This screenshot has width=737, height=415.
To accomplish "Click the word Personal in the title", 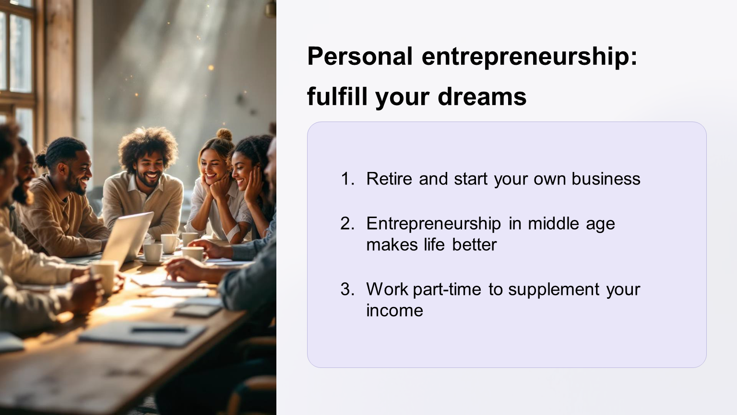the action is (x=359, y=56).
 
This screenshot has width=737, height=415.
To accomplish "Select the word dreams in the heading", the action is (x=482, y=97).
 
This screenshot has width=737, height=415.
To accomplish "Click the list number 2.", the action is (x=347, y=224).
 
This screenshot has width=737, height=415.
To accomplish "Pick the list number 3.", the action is (x=347, y=289).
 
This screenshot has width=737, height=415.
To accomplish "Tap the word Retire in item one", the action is (x=389, y=179).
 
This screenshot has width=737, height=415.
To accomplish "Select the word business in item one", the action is (x=606, y=179).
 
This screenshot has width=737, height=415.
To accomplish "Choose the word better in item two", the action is (x=474, y=244).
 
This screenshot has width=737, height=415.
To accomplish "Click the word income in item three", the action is (x=394, y=310).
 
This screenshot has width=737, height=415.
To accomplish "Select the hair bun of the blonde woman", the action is (x=225, y=134).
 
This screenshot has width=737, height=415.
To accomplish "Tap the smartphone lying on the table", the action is (x=198, y=310).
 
